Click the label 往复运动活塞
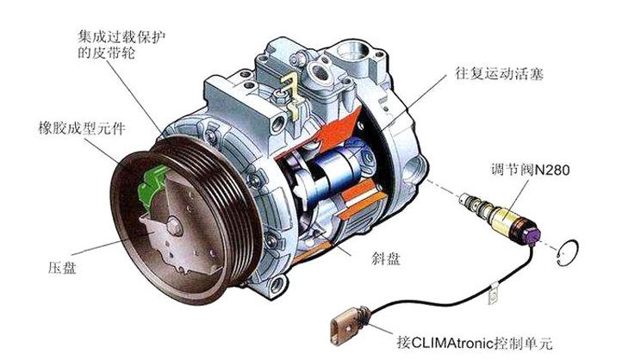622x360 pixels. tap(499, 75)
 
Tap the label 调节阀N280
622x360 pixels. tap(530, 170)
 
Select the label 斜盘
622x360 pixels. tap(386, 258)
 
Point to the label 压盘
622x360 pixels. tap(62, 267)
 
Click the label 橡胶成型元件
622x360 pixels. tap(82, 127)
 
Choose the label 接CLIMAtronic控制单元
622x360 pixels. tap(475, 343)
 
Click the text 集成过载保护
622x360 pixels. tap(121, 38)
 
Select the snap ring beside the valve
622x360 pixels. tap(568, 254)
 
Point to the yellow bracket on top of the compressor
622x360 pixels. tap(290, 96)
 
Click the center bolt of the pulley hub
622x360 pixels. tap(174, 226)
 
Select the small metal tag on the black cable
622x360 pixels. tap(493, 295)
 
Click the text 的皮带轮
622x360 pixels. tap(106, 53)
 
